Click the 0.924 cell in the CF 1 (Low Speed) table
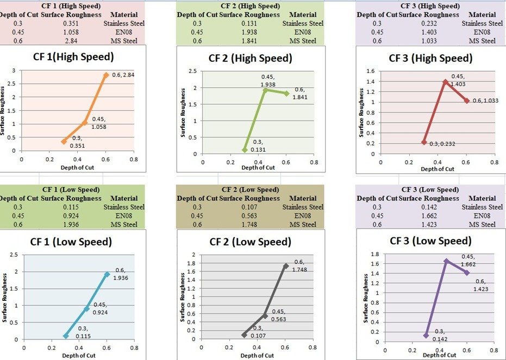[x=71, y=216]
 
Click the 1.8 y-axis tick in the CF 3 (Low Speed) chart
[x=374, y=254]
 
